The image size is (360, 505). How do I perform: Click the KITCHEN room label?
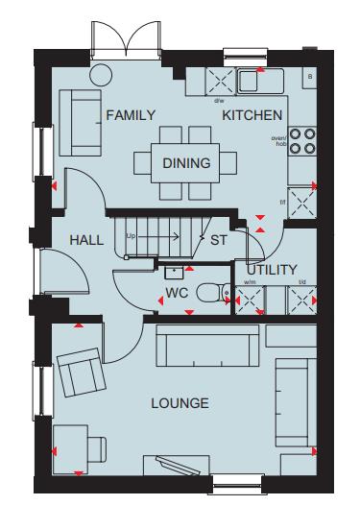tap(252, 115)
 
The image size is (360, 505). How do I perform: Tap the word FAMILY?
tap(131, 115)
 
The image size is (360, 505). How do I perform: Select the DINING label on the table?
tap(186, 163)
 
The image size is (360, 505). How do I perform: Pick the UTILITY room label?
tap(272, 270)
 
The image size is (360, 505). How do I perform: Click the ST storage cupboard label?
tap(219, 240)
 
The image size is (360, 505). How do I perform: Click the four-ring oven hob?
tap(302, 141)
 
